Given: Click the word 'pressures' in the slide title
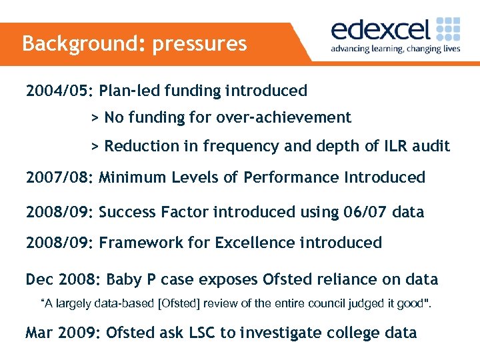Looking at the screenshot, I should tap(199, 44).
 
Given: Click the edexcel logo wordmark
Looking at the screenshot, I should tap(381, 30).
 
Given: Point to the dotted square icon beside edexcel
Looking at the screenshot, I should tap(447, 29).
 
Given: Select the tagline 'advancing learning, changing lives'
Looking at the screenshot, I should tap(395, 49).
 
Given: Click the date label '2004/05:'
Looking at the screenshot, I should tap(60, 91).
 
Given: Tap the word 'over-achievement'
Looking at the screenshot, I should tap(283, 118).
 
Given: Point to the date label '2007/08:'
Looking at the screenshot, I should tap(60, 177).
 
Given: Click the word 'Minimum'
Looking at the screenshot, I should tap(132, 177).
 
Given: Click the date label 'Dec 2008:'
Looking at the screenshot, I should tap(63, 279).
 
